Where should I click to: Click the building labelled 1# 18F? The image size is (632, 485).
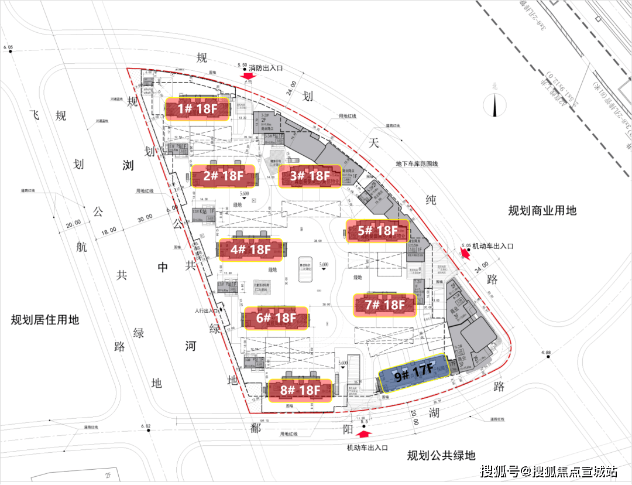pos(197,109)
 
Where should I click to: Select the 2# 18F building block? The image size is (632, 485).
pos(223,176)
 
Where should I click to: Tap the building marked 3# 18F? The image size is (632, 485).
pos(310,176)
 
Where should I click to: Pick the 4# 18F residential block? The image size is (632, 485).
pos(250,250)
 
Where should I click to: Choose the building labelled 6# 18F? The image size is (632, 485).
pos(276,318)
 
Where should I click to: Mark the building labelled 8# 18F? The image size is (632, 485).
pos(300,390)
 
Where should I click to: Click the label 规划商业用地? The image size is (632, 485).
pos(542,210)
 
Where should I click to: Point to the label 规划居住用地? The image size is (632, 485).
pos(44,320)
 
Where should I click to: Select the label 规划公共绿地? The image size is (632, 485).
pos(441,455)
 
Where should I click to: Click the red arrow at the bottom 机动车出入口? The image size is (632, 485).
pos(363,435)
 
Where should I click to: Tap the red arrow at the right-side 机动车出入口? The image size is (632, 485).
pos(466,253)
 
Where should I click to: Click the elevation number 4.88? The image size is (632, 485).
pos(547,353)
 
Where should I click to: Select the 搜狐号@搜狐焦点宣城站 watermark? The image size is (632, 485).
pos(549,471)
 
